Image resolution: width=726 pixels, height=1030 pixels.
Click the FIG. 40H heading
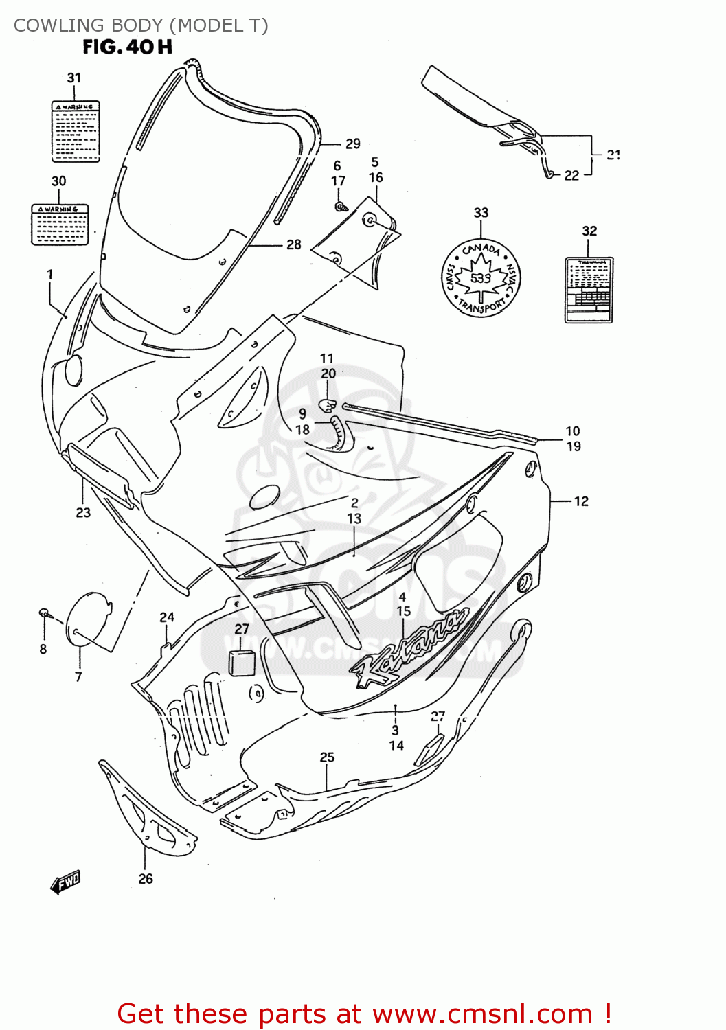pyautogui.click(x=127, y=47)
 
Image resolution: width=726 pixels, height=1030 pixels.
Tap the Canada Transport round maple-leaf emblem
pyautogui.click(x=481, y=278)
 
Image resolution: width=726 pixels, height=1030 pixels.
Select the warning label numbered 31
pyautogui.click(x=76, y=131)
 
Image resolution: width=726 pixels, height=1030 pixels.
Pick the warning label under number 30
pyautogui.click(x=60, y=224)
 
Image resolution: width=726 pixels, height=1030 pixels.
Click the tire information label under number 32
pyautogui.click(x=589, y=290)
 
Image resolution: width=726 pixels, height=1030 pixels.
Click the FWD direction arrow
pyautogui.click(x=66, y=882)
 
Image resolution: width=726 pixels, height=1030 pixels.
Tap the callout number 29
pyautogui.click(x=352, y=144)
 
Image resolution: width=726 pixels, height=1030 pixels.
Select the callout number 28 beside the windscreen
pyautogui.click(x=293, y=244)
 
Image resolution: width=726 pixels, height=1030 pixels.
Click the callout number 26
pyautogui.click(x=146, y=878)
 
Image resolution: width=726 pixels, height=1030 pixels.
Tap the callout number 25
pyautogui.click(x=327, y=757)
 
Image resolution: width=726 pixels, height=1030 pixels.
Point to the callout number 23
pyautogui.click(x=83, y=512)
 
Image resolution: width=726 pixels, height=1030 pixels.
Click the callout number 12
pyautogui.click(x=581, y=501)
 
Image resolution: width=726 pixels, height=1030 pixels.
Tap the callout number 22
pyautogui.click(x=571, y=175)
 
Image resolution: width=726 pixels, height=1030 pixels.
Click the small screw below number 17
pyautogui.click(x=339, y=206)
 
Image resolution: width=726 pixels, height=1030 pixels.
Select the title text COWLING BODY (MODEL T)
pyautogui.click(x=141, y=25)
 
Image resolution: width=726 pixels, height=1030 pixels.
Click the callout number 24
pyautogui.click(x=167, y=617)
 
